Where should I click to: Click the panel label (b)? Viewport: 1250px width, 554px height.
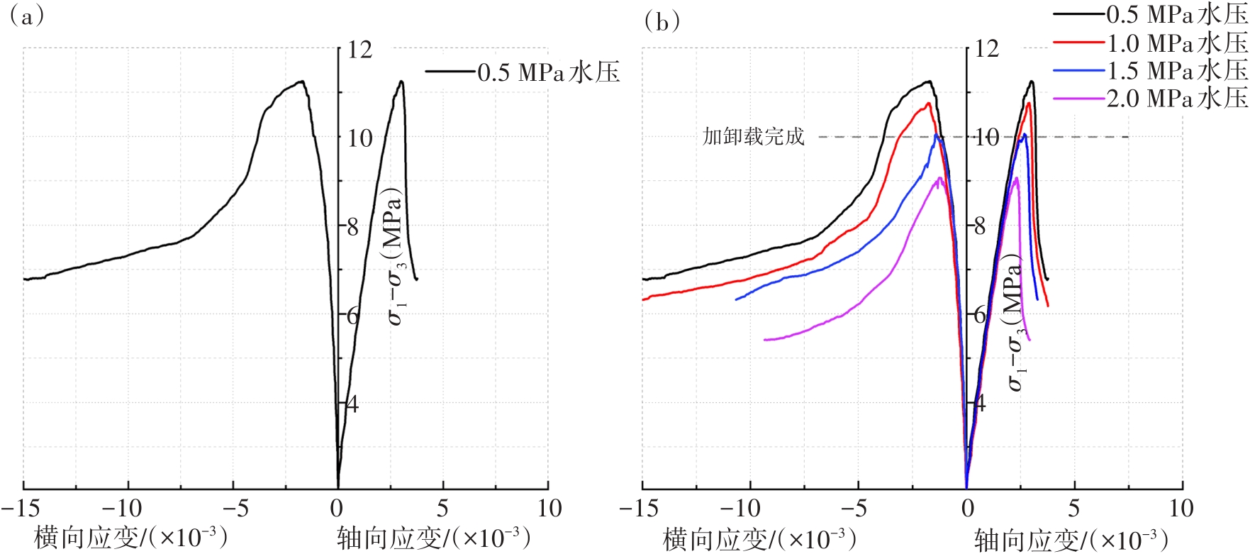[x=662, y=22]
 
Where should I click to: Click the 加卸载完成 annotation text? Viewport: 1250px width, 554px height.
[x=753, y=136]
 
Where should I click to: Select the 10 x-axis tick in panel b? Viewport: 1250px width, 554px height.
[x=1181, y=508]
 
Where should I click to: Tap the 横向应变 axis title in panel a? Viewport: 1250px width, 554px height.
[x=130, y=537]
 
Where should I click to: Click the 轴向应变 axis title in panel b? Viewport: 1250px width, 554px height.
[x=1071, y=539]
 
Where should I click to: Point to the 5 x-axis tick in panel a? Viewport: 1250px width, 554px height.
[x=442, y=508]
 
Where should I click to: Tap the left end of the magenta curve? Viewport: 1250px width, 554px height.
[x=764, y=340]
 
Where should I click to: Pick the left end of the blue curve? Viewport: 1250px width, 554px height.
[x=736, y=299]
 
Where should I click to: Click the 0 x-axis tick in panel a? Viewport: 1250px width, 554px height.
[x=337, y=508]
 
